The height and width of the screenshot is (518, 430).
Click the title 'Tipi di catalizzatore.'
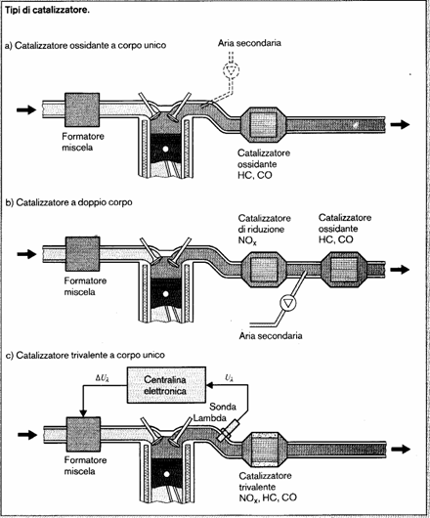47,10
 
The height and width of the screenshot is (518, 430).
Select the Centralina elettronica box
166,385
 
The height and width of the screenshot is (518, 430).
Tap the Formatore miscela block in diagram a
82,109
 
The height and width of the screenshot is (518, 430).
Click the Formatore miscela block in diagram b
82,254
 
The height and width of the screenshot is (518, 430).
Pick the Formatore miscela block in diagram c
83,434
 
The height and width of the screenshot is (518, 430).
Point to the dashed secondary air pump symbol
232,69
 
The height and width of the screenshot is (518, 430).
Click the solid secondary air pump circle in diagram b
288,303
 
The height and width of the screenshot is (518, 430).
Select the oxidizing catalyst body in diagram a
263,125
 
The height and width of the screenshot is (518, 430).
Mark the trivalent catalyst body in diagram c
265,449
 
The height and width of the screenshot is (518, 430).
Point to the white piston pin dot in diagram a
166,150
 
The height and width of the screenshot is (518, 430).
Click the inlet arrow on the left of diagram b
26,254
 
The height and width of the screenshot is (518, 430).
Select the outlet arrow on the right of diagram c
401,449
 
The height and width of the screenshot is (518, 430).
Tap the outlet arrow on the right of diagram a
400,124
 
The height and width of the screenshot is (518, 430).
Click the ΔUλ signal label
103,378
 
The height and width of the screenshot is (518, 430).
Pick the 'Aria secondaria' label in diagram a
249,43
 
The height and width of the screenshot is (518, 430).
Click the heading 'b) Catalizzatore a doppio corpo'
69,202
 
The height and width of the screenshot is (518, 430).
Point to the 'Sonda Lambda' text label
215,411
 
